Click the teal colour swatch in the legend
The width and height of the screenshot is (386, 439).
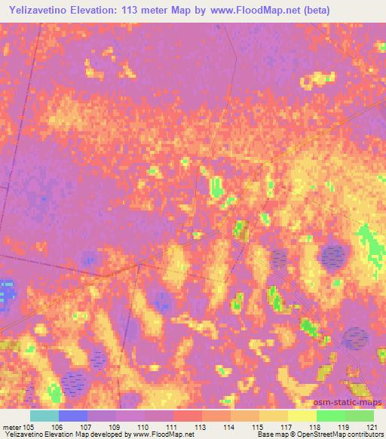pos(44,416)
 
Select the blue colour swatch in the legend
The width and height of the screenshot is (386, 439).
pos(73,416)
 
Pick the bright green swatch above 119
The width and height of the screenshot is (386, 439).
pos(330,416)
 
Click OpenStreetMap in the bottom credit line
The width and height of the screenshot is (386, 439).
pos(326,435)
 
